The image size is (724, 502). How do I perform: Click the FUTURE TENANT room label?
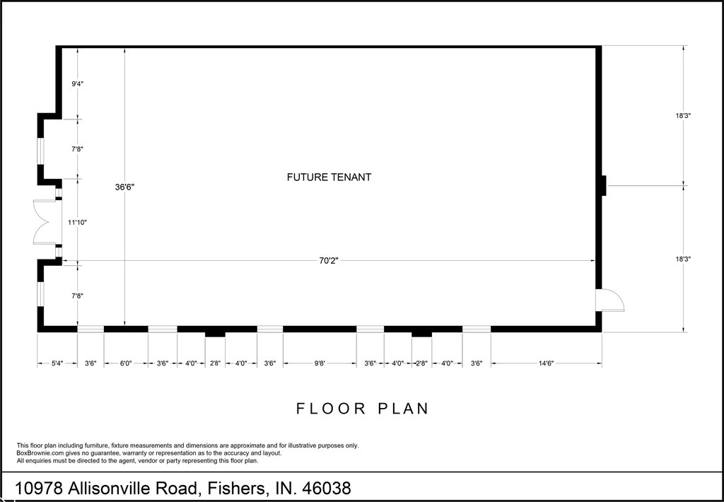click(329, 177)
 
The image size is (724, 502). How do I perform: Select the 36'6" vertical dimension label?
click(124, 187)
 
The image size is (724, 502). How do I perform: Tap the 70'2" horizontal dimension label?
click(329, 260)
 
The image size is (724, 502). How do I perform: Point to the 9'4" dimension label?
click(77, 83)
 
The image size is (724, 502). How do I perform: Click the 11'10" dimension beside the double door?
click(77, 222)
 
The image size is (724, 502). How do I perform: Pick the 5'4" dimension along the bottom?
click(57, 363)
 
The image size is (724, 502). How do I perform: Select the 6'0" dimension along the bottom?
click(126, 363)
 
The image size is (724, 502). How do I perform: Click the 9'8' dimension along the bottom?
click(320, 363)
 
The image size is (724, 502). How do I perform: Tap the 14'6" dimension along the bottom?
click(546, 363)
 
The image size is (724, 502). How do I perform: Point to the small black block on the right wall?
click(604, 186)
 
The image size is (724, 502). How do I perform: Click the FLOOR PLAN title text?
click(363, 409)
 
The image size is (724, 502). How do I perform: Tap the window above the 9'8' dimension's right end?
click(370, 329)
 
